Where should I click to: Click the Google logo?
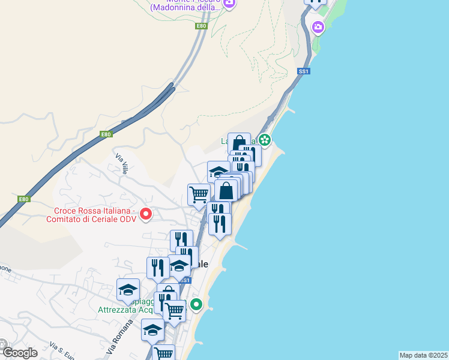point(19,353)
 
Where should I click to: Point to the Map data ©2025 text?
point(423,355)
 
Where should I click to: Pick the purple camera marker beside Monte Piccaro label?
point(229,4)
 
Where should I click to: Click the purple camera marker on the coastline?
point(318,26)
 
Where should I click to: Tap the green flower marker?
point(265,141)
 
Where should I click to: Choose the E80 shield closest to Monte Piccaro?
point(201,26)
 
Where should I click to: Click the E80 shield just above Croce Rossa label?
point(23,199)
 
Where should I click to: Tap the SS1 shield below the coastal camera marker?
point(303,71)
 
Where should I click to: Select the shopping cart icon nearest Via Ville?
point(199,194)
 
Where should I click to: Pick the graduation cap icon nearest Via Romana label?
point(152,329)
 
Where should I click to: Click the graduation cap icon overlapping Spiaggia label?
point(128,290)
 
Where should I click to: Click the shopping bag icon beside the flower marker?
point(239,144)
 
